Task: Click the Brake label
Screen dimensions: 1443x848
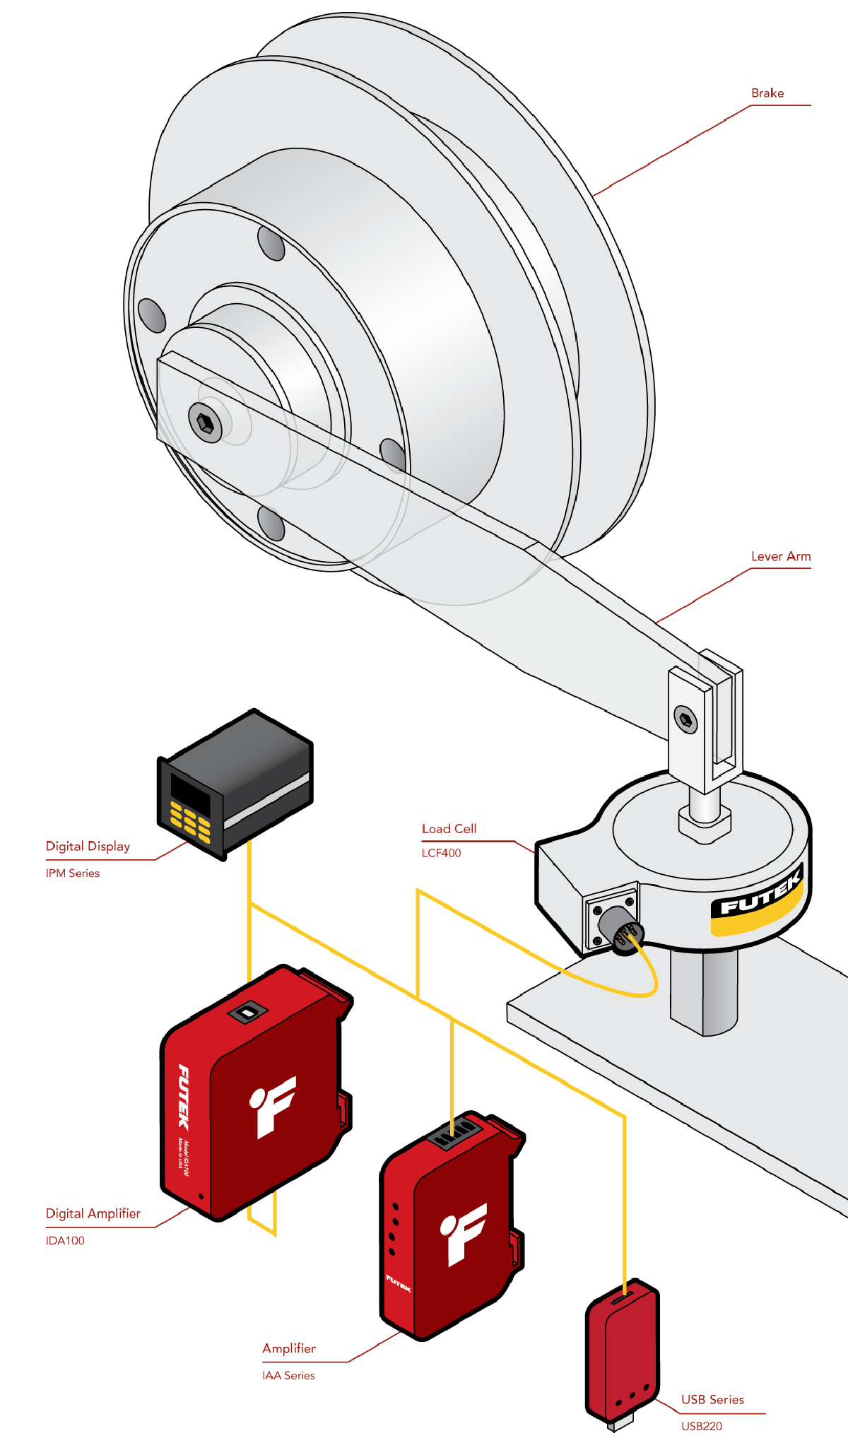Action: (x=767, y=93)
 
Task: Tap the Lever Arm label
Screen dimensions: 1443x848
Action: (x=780, y=556)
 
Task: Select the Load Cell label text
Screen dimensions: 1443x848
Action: (x=449, y=829)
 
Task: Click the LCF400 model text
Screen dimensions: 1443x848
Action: (x=441, y=853)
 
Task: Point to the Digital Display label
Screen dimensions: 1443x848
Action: (x=88, y=847)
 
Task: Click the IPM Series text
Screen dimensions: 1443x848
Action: (x=73, y=873)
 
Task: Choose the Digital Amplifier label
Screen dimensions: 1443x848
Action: (x=93, y=1213)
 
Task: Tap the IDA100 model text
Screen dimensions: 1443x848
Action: (x=65, y=1240)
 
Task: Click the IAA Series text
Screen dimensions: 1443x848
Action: (x=288, y=1375)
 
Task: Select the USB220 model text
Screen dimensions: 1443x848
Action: (x=702, y=1426)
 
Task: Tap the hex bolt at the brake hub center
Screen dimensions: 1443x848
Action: (x=205, y=423)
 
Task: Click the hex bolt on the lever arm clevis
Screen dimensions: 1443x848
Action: (x=685, y=719)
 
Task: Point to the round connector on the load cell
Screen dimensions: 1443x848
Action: (x=619, y=929)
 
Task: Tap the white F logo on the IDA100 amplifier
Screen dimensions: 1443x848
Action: (x=273, y=1106)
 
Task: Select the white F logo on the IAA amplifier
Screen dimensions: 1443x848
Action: (x=464, y=1233)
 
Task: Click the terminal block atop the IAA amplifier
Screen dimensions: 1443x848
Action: (x=453, y=1131)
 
